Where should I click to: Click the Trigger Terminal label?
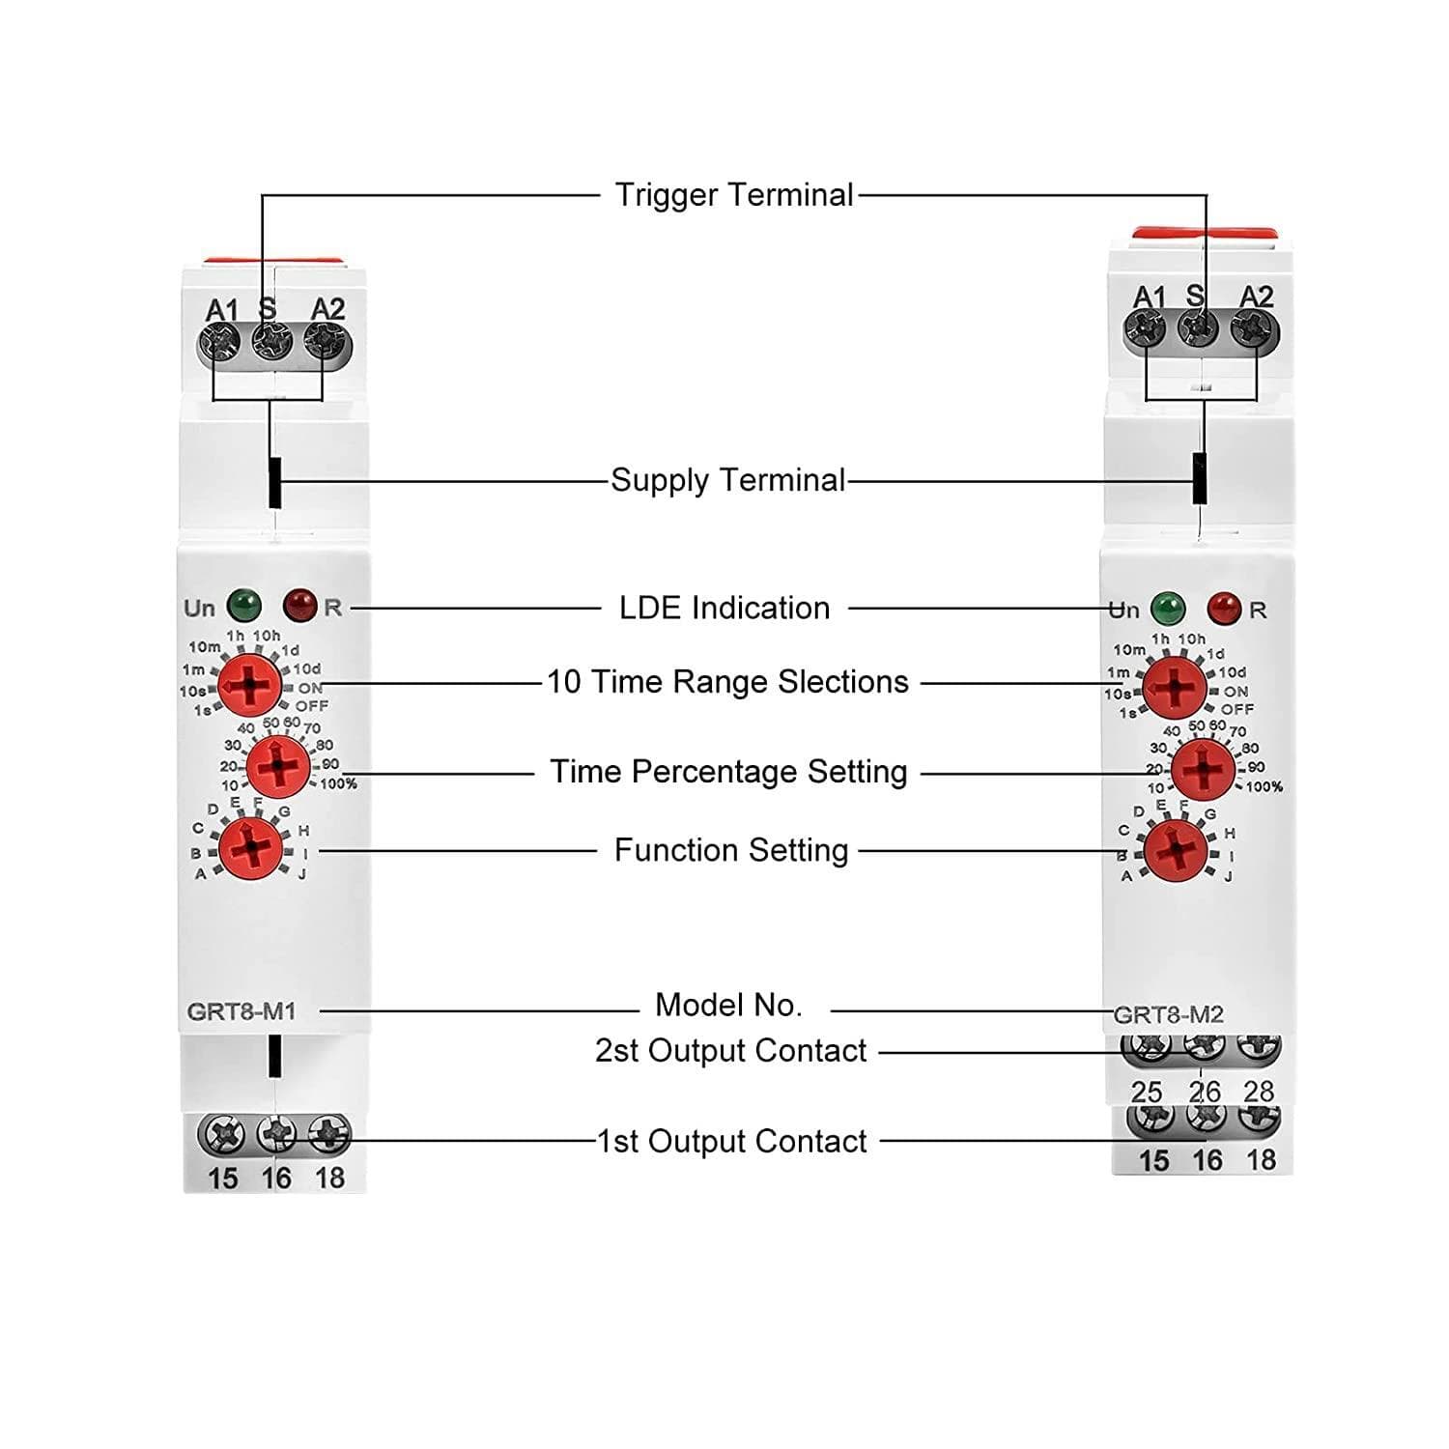point(734,195)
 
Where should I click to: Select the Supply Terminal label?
point(727,480)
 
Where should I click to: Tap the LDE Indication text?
point(724,609)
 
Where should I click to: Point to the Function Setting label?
point(731,851)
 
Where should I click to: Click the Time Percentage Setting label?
point(728,772)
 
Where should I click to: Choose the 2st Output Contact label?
point(730,1051)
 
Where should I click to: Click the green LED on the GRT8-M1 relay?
point(244,606)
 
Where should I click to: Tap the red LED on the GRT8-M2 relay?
point(1224,609)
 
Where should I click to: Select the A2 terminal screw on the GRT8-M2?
point(1255,331)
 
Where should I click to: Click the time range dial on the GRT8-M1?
point(250,685)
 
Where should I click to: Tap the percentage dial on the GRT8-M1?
point(278,768)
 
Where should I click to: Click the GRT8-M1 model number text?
point(241,1011)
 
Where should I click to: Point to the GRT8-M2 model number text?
point(1169,1015)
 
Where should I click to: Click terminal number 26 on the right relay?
point(1205,1092)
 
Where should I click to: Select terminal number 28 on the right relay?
point(1259,1092)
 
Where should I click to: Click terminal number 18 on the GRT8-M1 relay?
point(329,1179)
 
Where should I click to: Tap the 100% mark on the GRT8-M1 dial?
point(339,783)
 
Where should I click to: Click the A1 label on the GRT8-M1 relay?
point(221,310)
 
